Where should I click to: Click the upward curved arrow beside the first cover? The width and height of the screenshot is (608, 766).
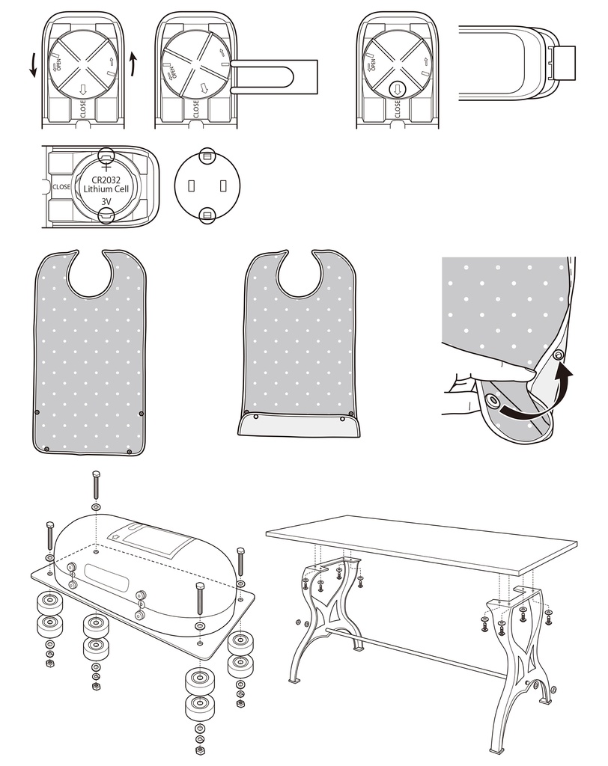(133, 64)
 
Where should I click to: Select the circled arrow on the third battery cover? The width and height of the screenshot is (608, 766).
(398, 89)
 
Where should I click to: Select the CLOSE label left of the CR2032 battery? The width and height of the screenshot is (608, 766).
(61, 187)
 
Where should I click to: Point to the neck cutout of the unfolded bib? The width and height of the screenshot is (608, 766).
(92, 272)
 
